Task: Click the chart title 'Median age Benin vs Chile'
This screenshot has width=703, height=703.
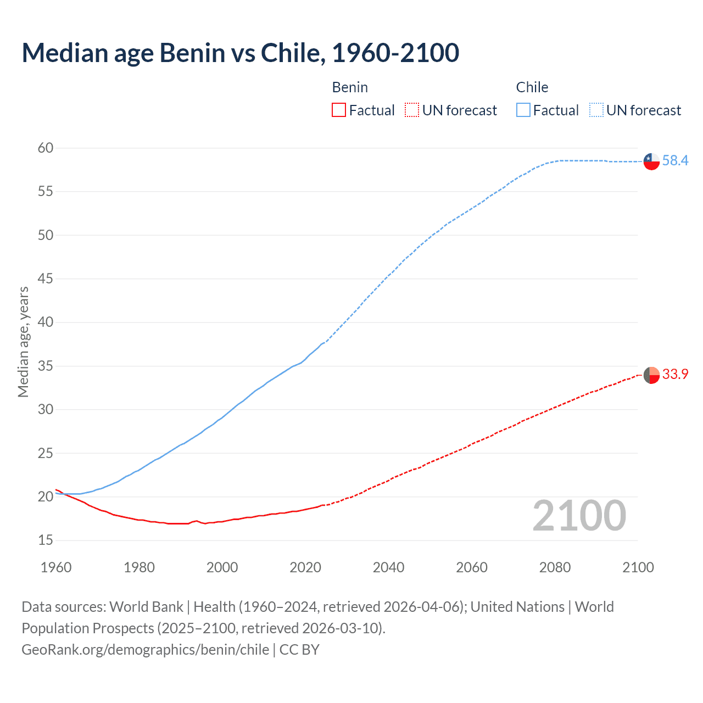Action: tap(240, 53)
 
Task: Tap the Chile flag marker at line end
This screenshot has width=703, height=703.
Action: tap(651, 161)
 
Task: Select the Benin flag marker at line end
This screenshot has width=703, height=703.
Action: tap(651, 375)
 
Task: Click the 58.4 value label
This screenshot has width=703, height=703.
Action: tap(675, 161)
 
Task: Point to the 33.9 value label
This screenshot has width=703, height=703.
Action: tap(675, 375)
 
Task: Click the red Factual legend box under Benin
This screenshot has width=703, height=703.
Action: tap(339, 110)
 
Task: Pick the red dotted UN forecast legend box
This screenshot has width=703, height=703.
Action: tap(412, 110)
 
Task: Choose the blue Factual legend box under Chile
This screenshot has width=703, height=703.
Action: tap(523, 110)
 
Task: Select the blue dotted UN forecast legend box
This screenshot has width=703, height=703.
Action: tap(596, 110)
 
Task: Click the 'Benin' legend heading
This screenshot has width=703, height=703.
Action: tap(350, 87)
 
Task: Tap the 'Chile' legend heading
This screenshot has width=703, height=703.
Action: tap(532, 87)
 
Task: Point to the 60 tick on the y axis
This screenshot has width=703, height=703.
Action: tap(46, 148)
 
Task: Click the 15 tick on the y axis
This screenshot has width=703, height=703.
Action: tap(46, 540)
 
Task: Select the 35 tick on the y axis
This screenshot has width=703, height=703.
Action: tap(46, 366)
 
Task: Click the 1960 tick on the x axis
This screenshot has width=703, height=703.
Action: tap(56, 567)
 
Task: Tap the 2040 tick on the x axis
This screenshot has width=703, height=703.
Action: tap(388, 567)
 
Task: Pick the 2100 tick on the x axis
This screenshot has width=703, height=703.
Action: tap(638, 567)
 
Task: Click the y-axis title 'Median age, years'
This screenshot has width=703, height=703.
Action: tap(23, 342)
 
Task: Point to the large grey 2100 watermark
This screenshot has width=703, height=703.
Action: tap(579, 516)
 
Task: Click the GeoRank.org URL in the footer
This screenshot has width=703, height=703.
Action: tap(145, 650)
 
